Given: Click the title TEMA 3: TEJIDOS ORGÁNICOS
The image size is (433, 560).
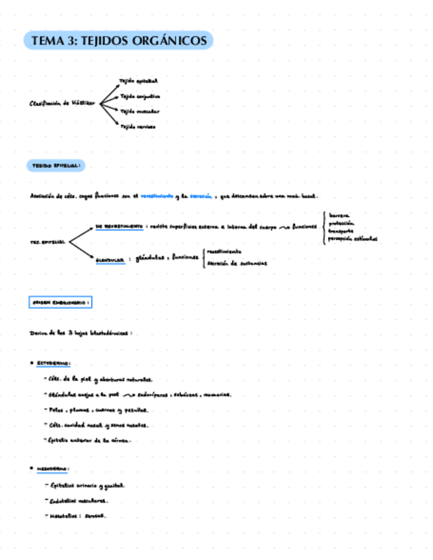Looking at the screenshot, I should tap(119, 41).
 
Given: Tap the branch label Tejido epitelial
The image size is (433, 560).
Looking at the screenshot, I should tap(139, 81).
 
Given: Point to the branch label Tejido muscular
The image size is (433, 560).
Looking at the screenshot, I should tap(139, 111).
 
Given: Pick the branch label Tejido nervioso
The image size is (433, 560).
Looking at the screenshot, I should tap(138, 125).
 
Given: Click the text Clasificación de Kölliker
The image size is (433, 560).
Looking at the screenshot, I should tap(62, 103).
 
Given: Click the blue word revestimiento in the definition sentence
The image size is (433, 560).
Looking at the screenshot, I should tap(157, 196).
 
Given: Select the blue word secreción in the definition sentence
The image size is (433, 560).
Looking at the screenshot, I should tap(201, 196).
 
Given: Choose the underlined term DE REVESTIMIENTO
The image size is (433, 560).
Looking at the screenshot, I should tap(119, 227).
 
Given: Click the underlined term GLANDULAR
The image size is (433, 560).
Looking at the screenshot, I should tap(110, 260).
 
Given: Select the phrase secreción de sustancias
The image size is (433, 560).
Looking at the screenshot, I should tap(237, 263).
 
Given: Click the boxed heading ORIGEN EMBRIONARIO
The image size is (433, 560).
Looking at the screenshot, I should tap(60, 302).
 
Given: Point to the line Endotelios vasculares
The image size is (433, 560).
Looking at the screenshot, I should tap(79, 501).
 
